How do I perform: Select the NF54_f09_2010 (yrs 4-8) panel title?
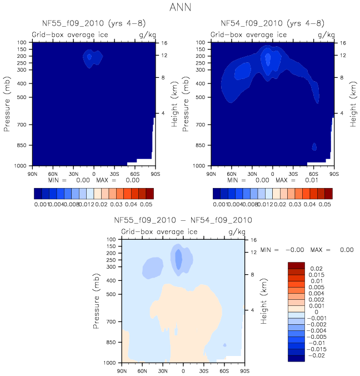point(273,23)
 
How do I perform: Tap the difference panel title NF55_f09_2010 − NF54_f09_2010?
point(183,220)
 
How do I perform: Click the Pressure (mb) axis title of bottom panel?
point(98,300)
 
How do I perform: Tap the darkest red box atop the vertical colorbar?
point(297,265)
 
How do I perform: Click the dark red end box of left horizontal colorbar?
point(149,193)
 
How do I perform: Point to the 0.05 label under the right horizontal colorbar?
point(324,205)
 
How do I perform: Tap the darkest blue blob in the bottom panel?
point(178,259)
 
